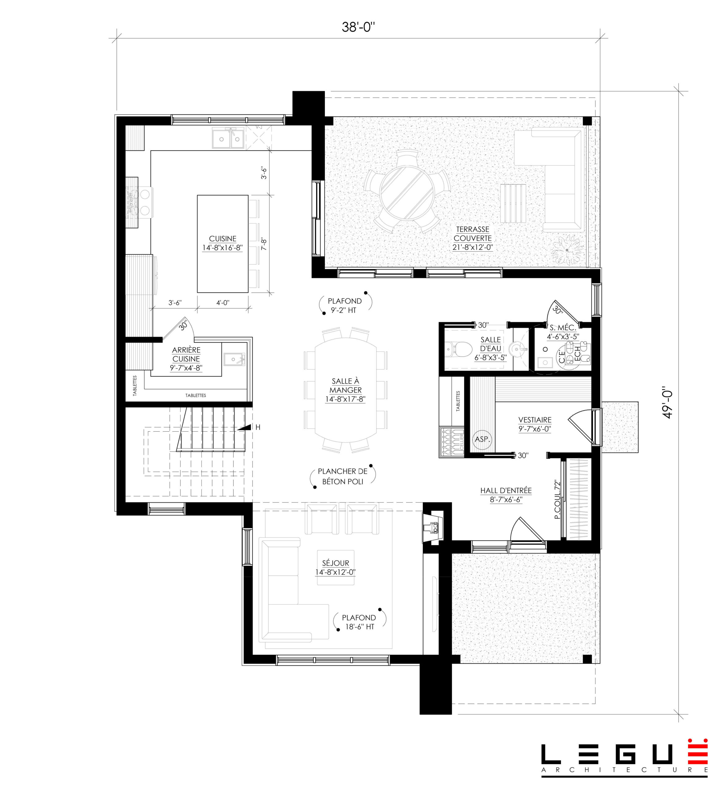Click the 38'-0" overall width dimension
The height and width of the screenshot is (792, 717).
tap(358, 27)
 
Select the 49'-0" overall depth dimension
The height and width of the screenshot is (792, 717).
tap(667, 403)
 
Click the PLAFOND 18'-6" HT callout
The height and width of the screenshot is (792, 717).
tap(359, 622)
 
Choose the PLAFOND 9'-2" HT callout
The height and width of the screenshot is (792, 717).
tap(344, 305)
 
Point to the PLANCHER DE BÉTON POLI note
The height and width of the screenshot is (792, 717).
tap(342, 476)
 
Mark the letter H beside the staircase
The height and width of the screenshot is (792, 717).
tap(258, 427)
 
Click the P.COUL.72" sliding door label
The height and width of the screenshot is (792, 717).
tap(557, 499)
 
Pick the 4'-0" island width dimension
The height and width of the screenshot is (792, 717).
tap(222, 303)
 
